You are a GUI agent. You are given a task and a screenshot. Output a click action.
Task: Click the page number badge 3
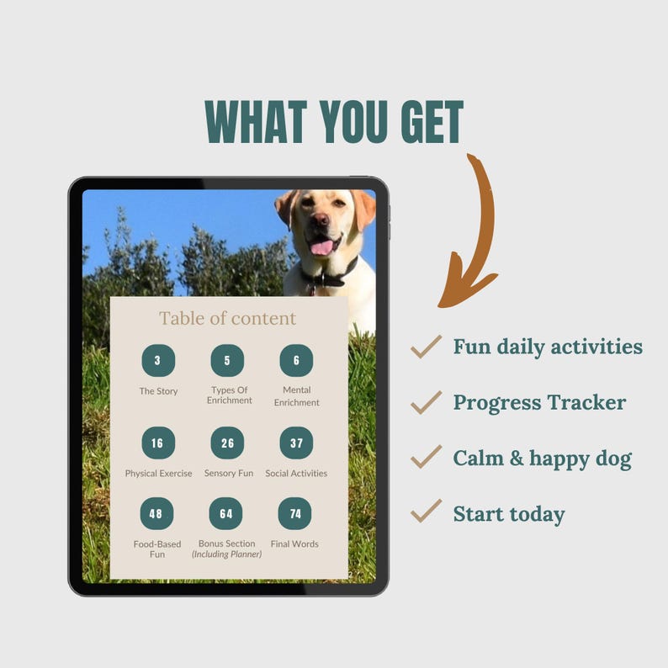(158, 360)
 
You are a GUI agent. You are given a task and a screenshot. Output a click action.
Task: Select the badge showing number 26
(227, 443)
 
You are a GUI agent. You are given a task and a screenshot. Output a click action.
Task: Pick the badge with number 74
(294, 513)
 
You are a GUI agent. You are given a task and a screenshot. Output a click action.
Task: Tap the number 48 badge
(157, 513)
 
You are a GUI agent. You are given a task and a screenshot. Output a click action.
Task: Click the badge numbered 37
(296, 443)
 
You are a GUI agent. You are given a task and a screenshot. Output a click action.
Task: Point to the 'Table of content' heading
(228, 318)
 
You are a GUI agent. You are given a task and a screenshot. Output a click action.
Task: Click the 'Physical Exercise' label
(158, 474)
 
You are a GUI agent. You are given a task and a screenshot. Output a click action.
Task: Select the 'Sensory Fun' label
(227, 474)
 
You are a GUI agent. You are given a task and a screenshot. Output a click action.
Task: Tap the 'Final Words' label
(294, 544)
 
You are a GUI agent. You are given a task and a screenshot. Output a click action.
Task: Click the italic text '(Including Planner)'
(227, 554)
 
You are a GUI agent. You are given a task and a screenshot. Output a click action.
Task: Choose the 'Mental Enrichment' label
(296, 396)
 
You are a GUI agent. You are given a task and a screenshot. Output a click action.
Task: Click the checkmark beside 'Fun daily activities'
(426, 346)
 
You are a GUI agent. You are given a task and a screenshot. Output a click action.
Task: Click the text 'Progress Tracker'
(539, 402)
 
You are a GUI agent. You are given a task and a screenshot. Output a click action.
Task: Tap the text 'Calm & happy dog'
(542, 459)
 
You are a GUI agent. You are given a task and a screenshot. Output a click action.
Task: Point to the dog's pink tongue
(321, 247)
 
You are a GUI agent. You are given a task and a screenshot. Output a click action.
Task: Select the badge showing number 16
(158, 443)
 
